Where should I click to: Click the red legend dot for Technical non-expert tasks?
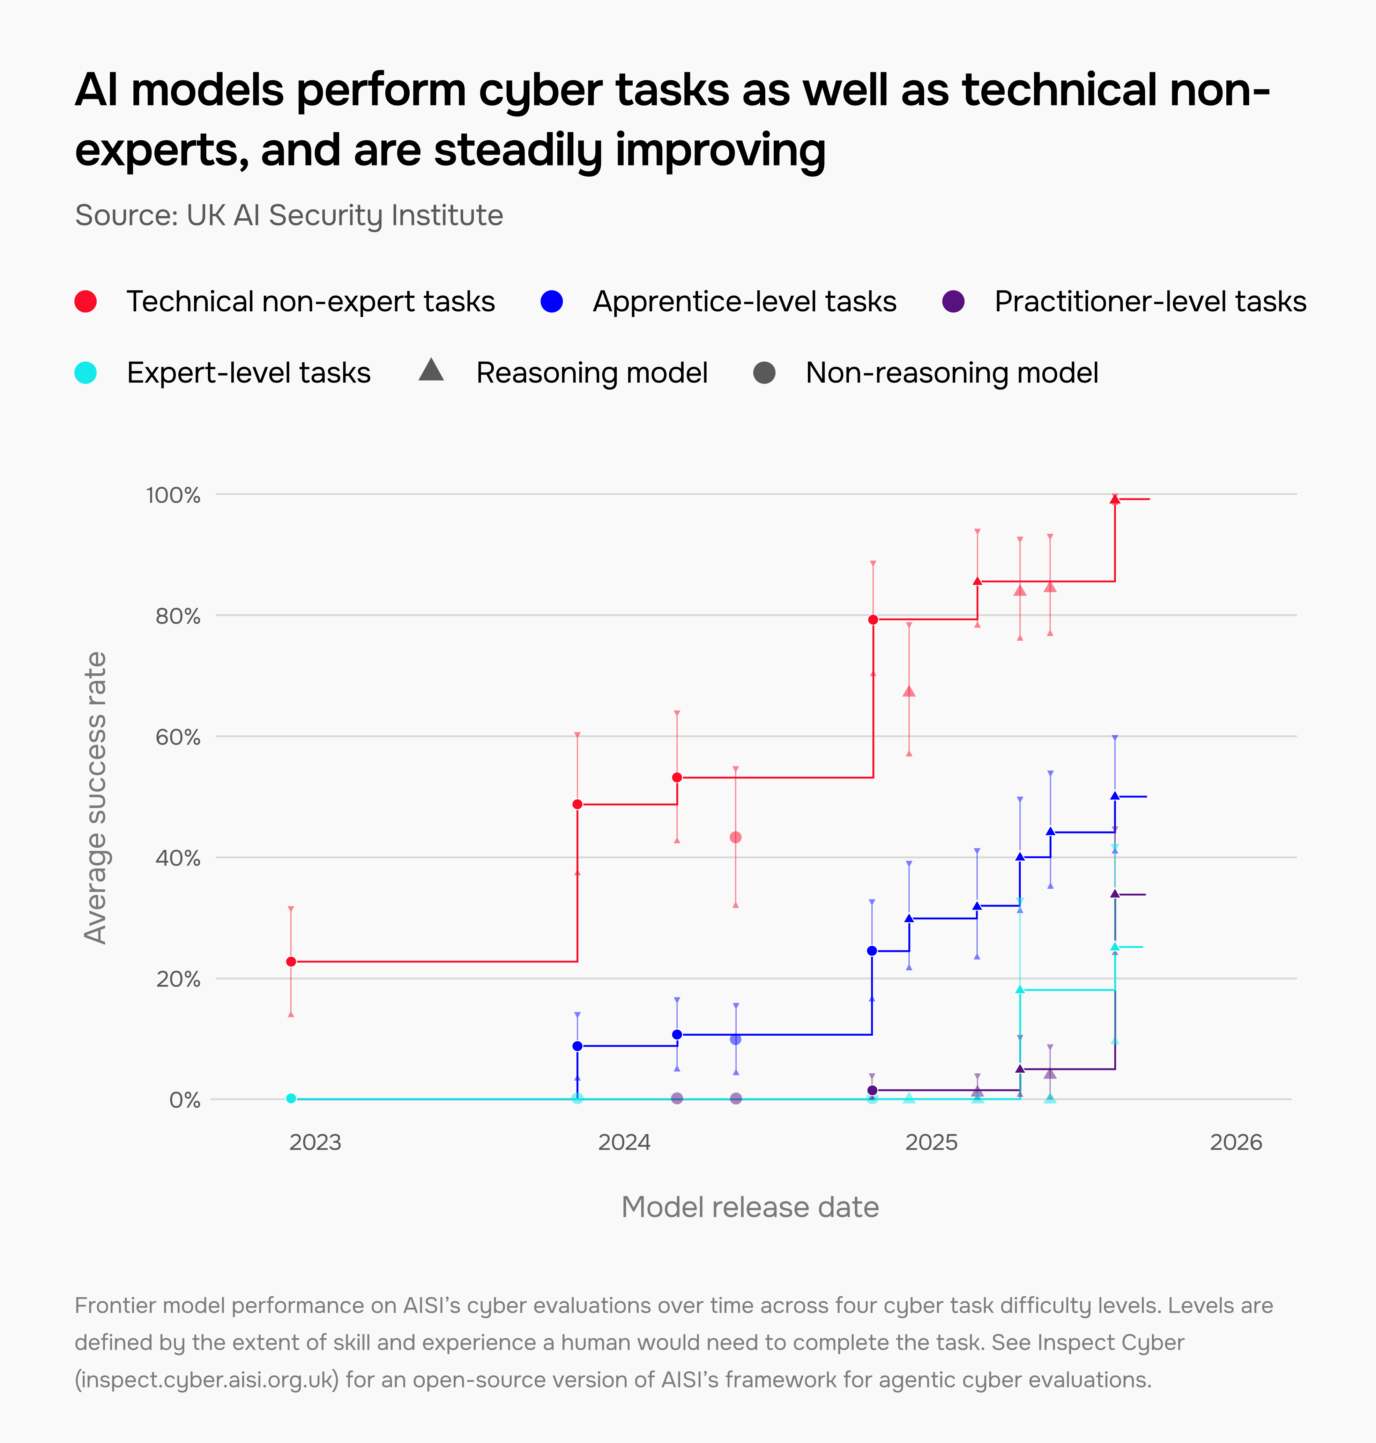tap(86, 302)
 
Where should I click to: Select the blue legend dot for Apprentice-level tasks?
tap(552, 302)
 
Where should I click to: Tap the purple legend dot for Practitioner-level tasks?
tap(953, 302)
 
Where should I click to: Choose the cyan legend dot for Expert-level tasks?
tap(86, 373)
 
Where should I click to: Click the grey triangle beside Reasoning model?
tap(431, 370)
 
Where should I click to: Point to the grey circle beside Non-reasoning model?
tap(764, 373)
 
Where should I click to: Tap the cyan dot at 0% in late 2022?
tap(291, 1098)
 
